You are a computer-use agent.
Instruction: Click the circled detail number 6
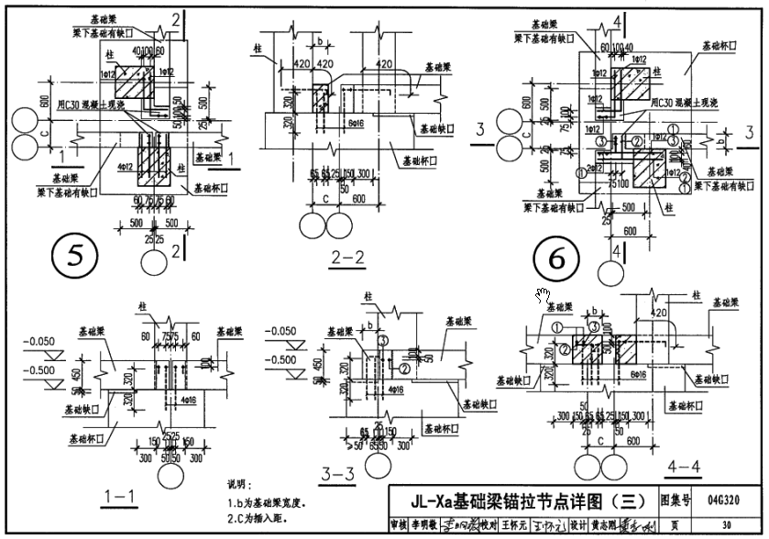[x=557, y=260]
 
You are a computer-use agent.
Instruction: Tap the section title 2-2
[x=345, y=258]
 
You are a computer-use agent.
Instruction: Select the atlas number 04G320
[x=723, y=500]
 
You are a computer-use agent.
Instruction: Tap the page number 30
[x=726, y=525]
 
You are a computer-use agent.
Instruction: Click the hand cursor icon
[x=543, y=294]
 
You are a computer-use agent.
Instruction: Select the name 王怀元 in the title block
[x=513, y=525]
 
